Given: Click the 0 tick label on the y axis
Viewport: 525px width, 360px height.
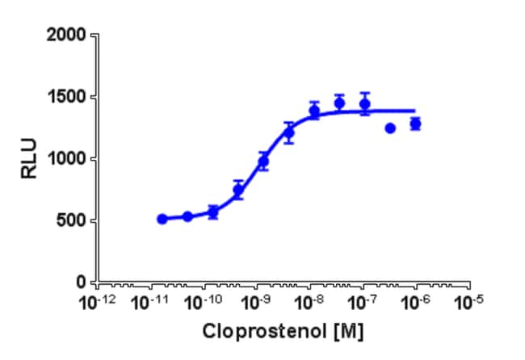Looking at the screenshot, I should (84, 283).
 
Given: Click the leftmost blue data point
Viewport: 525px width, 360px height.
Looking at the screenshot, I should (162, 219).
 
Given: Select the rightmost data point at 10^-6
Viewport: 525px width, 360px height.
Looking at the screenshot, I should (415, 123).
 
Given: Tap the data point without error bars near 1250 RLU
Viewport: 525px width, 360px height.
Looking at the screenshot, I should (390, 128).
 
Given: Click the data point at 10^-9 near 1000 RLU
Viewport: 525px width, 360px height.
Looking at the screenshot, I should (263, 161).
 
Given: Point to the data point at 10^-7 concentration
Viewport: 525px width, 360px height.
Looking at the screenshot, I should (365, 103).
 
